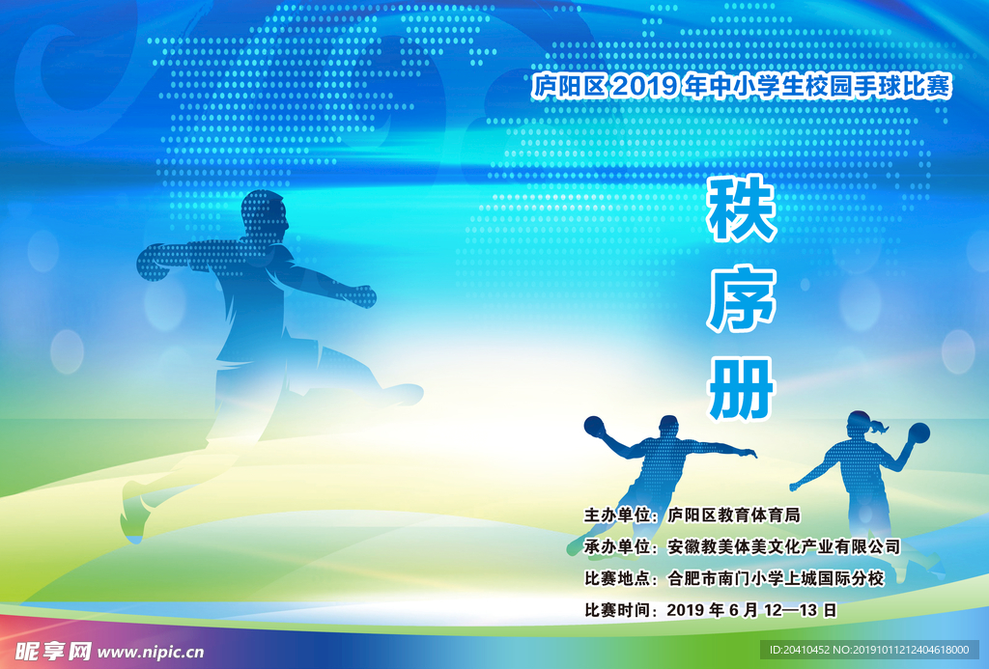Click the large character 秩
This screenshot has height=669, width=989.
741,209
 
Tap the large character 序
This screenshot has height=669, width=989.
741,299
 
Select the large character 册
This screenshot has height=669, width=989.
741,388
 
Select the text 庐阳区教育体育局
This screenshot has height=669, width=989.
734,516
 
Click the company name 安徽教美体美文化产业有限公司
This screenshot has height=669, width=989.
783,546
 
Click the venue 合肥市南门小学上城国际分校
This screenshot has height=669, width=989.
776,578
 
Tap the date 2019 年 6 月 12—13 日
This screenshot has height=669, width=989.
751,610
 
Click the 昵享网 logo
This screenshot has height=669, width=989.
53,651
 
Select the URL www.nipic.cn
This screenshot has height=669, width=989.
150,652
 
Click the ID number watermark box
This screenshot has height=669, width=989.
869,650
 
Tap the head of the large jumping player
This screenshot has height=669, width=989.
265,215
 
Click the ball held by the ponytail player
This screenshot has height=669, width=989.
919,432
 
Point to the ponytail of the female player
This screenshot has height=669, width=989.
879,427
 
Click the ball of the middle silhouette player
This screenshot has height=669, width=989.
594,426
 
